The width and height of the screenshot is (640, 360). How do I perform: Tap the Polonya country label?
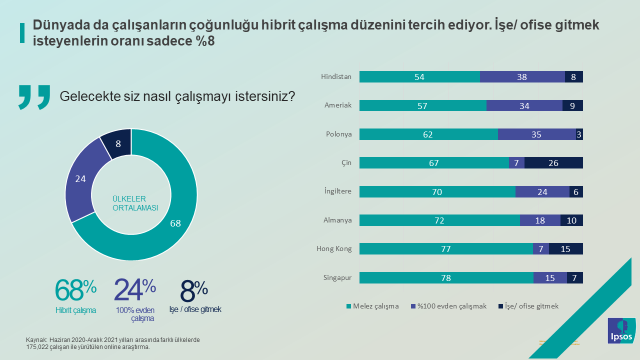pos(337,133)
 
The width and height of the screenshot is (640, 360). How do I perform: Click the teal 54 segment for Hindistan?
pos(420,76)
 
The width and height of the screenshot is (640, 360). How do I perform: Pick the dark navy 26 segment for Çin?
pos(554,162)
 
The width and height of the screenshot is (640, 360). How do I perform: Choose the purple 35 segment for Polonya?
pos(536,133)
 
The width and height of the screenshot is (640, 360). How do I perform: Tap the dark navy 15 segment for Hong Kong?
pos(566,248)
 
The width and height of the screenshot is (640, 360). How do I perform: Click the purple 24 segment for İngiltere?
pos(541,191)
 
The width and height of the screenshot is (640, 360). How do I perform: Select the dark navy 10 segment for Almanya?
pos(571,220)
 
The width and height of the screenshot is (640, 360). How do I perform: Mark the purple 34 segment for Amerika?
pos(525,105)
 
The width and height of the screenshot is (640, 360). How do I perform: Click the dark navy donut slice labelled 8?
pos(117,143)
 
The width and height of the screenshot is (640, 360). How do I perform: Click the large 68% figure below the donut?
pos(76,291)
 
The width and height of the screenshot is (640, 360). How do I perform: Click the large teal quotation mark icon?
pos(33,97)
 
